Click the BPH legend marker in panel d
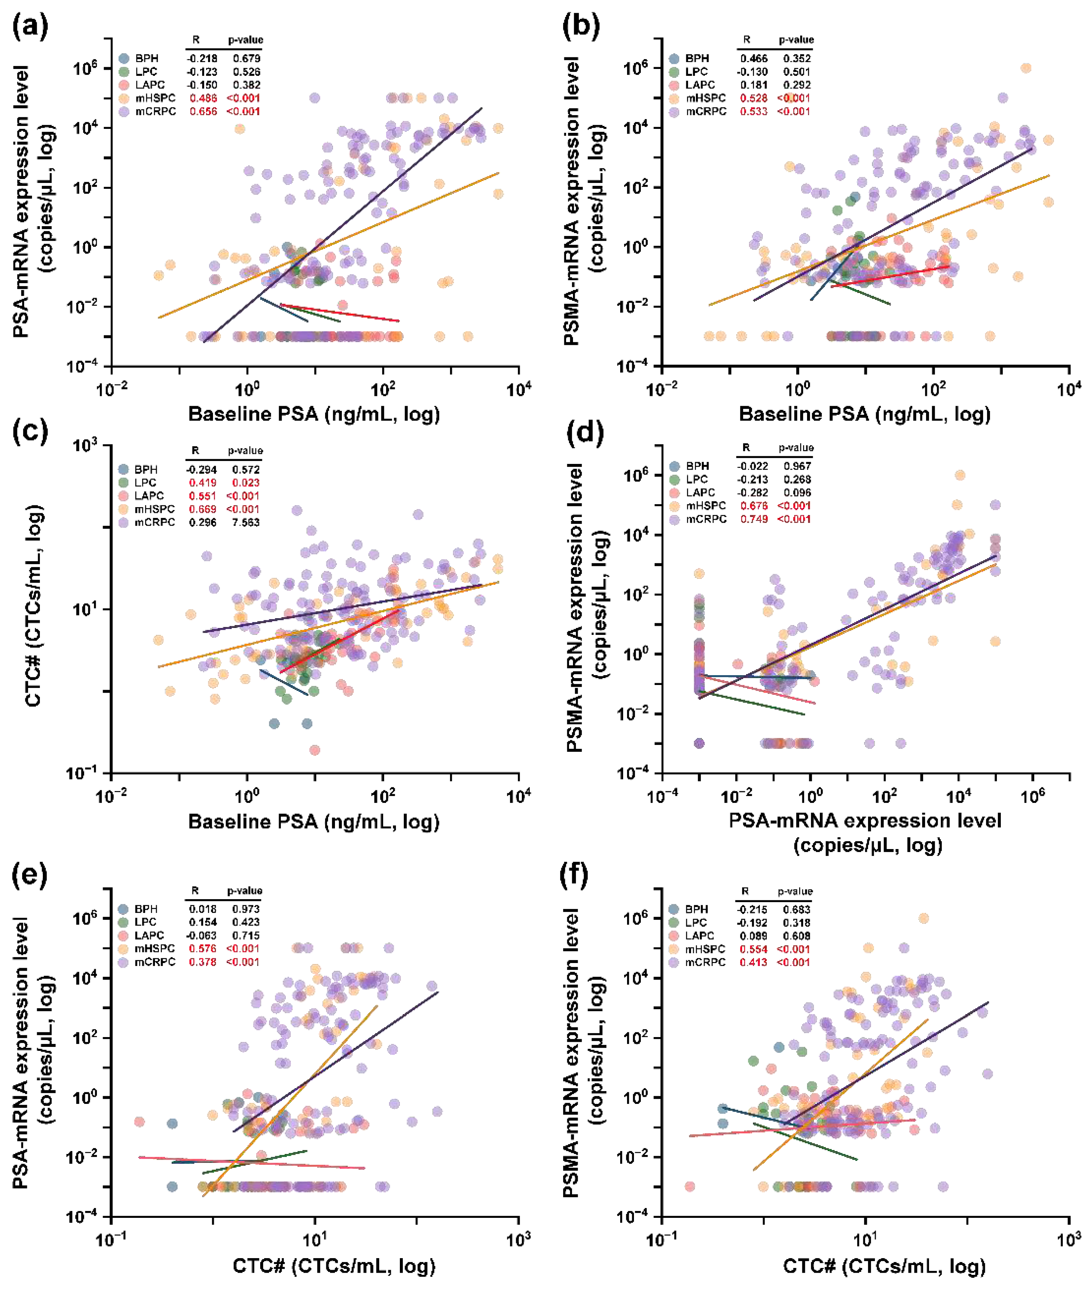(x=674, y=466)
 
